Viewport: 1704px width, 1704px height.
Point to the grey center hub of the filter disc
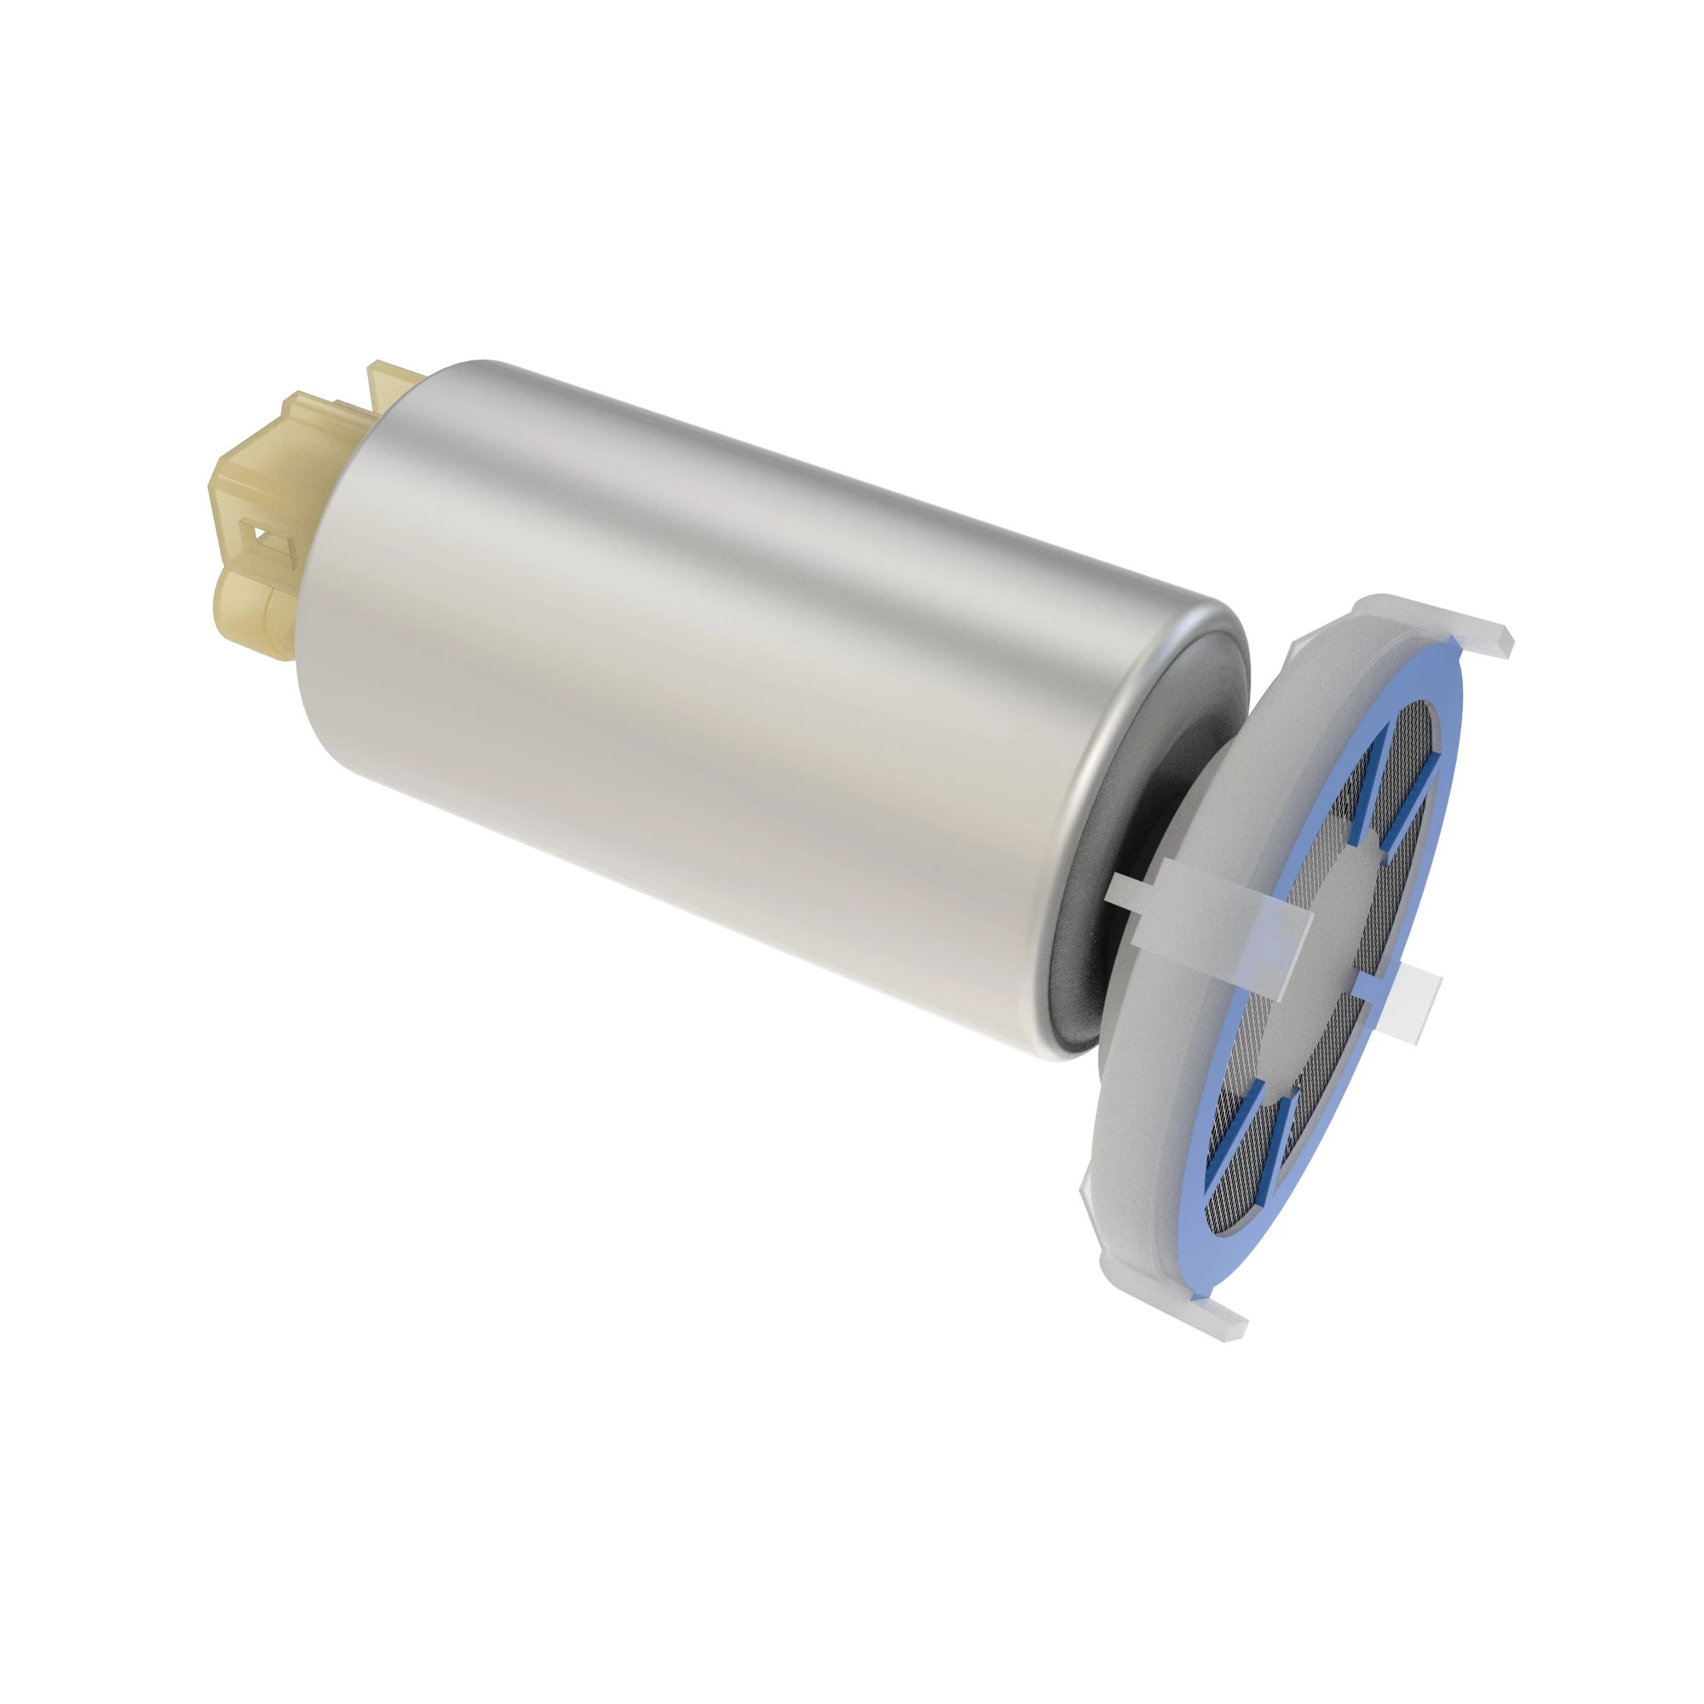pyautogui.click(x=1323, y=953)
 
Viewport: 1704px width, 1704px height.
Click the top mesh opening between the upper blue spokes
pyautogui.click(x=1394, y=776)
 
